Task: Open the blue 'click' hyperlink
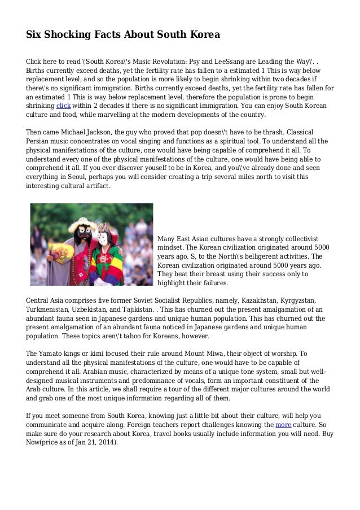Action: click(x=63, y=106)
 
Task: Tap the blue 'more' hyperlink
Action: click(x=283, y=424)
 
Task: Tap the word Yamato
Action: click(x=53, y=353)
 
